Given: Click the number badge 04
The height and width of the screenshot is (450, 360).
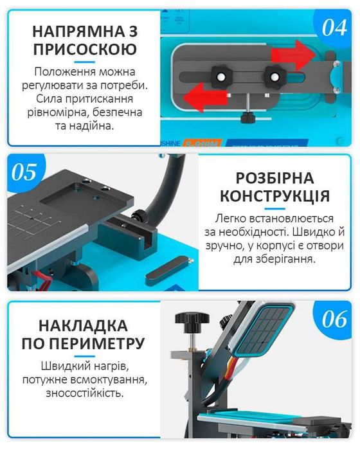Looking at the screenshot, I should tap(334, 28).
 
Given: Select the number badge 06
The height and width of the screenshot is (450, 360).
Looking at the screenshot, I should tap(334, 319).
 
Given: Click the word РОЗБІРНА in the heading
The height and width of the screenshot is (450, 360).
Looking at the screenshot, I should tap(274, 178).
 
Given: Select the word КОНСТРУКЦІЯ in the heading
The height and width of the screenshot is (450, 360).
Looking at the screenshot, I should tap(274, 195).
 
